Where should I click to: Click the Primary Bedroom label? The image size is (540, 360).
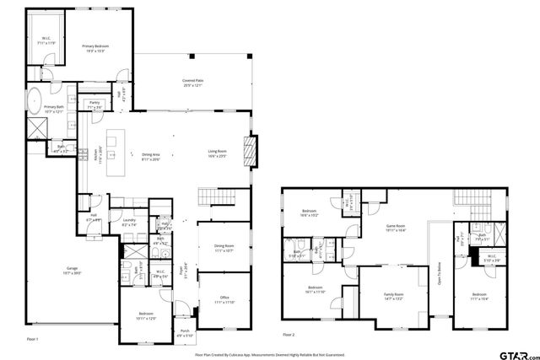(94, 47)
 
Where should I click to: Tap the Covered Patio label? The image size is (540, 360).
(194, 82)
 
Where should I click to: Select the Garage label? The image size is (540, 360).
(73, 270)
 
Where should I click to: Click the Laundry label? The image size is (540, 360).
(129, 223)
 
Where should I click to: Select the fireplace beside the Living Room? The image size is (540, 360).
(249, 153)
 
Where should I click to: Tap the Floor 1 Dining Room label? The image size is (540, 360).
(224, 249)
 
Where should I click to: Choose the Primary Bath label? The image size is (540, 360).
(55, 109)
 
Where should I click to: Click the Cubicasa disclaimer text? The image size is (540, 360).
(270, 355)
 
